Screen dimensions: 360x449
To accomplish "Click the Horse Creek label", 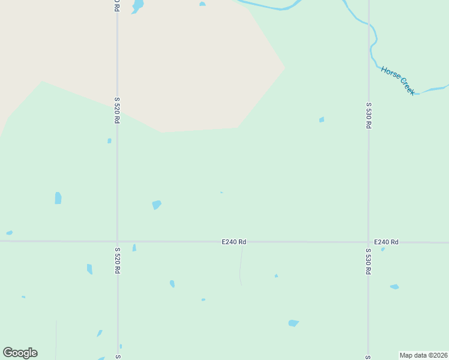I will point(397,80).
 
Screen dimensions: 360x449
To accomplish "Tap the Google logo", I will point(20,353).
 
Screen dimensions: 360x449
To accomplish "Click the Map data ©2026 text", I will point(424,355).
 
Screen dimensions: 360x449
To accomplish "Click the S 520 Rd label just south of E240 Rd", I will point(117,260).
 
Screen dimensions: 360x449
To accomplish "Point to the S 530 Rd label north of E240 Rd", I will point(369,116).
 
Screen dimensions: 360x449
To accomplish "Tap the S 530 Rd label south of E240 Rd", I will point(368,261).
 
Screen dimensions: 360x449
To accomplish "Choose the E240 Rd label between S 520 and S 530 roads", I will point(234,242).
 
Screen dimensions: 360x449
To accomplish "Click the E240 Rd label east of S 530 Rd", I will point(386,242).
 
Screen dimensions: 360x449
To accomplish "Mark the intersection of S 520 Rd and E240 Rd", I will point(117,241).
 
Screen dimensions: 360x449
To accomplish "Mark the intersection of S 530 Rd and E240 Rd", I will point(368,242).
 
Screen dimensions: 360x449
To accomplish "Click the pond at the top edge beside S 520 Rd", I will point(138,6).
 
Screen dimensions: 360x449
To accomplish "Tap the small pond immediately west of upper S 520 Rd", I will point(109,141).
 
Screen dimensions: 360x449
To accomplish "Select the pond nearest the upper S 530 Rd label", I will point(322,120).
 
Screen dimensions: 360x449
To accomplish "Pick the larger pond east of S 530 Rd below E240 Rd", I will point(394,287).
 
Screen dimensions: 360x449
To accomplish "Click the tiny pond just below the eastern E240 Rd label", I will point(383,249).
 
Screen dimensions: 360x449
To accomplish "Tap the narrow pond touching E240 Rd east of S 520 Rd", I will point(134,247).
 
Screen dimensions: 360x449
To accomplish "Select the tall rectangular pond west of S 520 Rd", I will point(58,198).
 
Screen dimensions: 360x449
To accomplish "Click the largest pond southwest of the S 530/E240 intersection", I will point(293,323).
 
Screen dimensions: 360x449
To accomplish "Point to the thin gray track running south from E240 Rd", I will point(241,267).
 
